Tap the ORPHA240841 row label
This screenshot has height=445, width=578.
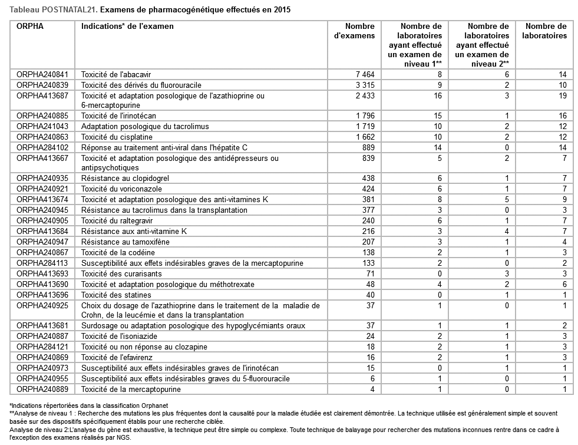42,74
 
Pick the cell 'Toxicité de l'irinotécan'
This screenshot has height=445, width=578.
118,116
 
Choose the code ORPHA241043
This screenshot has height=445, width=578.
42,126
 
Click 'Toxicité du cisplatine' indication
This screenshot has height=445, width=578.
118,137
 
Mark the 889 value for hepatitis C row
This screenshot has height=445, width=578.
369,147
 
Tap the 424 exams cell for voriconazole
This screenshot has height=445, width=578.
369,189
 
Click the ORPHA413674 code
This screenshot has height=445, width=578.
42,199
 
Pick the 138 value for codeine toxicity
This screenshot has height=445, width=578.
369,252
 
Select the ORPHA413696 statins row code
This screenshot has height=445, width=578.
42,295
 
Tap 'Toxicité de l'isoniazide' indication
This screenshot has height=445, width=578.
120,336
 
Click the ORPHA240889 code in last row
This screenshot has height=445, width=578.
42,389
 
